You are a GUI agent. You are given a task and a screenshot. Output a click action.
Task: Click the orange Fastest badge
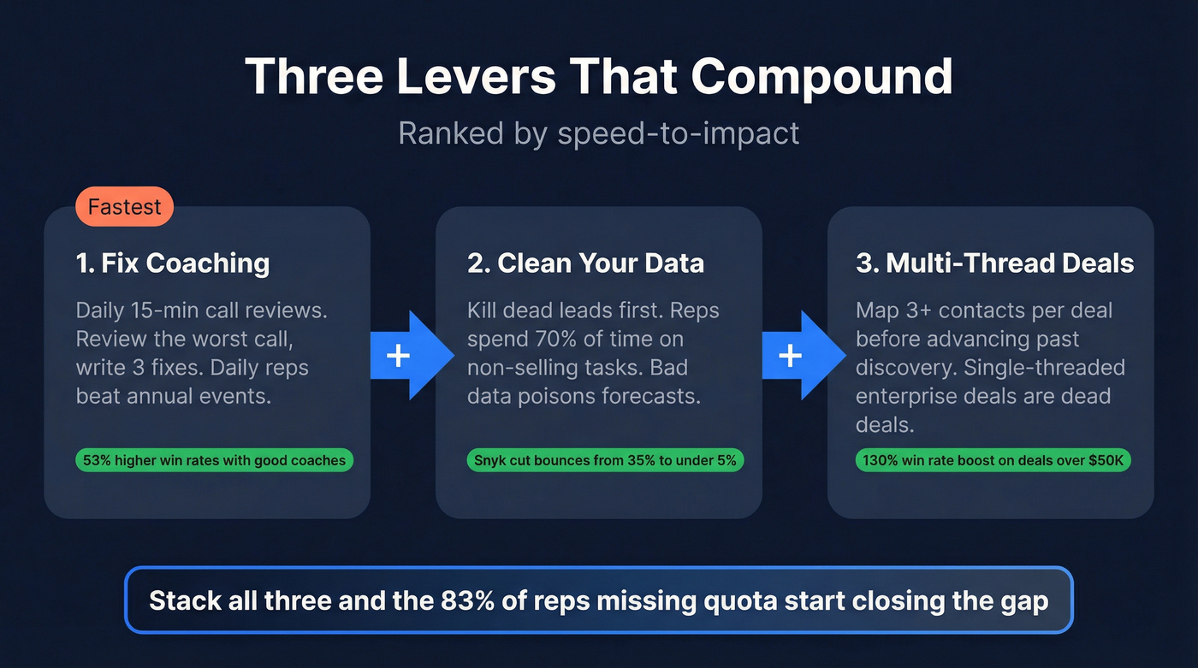coord(124,208)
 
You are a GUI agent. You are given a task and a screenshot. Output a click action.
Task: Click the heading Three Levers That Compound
coord(598,77)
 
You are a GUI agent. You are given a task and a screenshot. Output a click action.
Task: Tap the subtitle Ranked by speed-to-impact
coord(598,133)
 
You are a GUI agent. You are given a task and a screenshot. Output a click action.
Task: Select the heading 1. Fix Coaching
coord(172,263)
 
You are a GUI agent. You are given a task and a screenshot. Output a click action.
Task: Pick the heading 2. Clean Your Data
coord(585,263)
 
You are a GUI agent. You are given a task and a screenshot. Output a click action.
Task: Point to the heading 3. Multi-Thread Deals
coord(994,263)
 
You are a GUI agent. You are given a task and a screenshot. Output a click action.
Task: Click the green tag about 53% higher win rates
coord(214,460)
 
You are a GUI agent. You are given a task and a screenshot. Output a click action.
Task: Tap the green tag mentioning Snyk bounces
coord(605,460)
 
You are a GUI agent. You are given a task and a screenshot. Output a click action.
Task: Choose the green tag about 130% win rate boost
coord(993,460)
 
